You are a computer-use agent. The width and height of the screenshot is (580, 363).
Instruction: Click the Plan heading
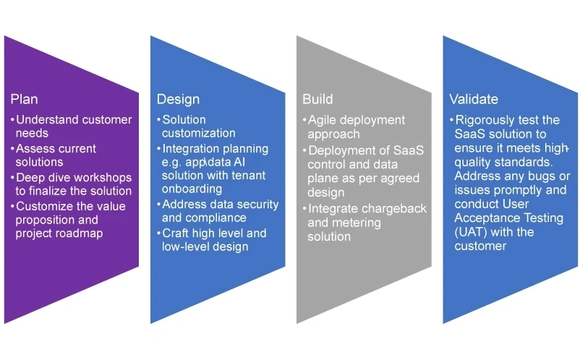(24, 99)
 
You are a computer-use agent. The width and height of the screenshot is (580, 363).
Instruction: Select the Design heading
(178, 99)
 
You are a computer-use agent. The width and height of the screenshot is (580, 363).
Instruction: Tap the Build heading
(318, 99)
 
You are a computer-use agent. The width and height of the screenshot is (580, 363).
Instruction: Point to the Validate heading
(474, 99)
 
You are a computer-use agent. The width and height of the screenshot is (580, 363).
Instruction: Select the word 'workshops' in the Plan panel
(105, 177)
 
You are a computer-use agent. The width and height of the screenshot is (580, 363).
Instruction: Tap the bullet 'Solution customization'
(196, 127)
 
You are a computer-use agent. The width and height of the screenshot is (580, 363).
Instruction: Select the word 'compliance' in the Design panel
(216, 218)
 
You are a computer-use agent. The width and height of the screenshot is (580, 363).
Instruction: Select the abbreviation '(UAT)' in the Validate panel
(470, 233)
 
